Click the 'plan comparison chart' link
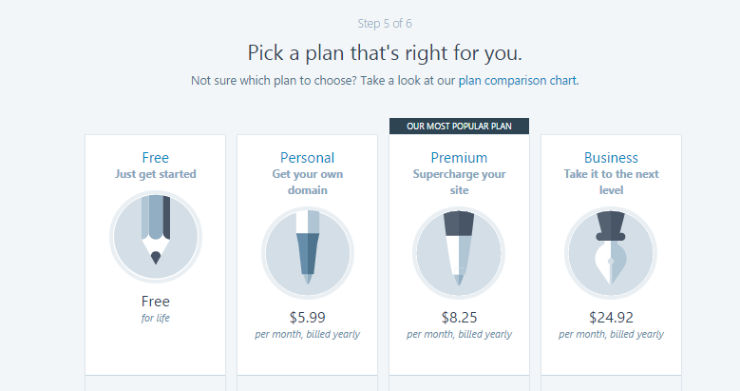(518, 80)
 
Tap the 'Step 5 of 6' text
(385, 24)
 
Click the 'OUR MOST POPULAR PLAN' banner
(459, 127)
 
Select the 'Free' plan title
(155, 157)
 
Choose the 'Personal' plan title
(307, 157)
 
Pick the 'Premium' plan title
(459, 157)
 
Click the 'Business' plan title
(611, 157)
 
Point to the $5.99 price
(307, 317)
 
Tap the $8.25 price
(459, 317)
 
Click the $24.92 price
(611, 317)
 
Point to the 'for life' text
(155, 318)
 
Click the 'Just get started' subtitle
(155, 174)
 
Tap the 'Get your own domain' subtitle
(307, 182)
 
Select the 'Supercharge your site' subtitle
(459, 182)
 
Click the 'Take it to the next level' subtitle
(611, 182)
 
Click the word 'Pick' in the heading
(265, 53)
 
